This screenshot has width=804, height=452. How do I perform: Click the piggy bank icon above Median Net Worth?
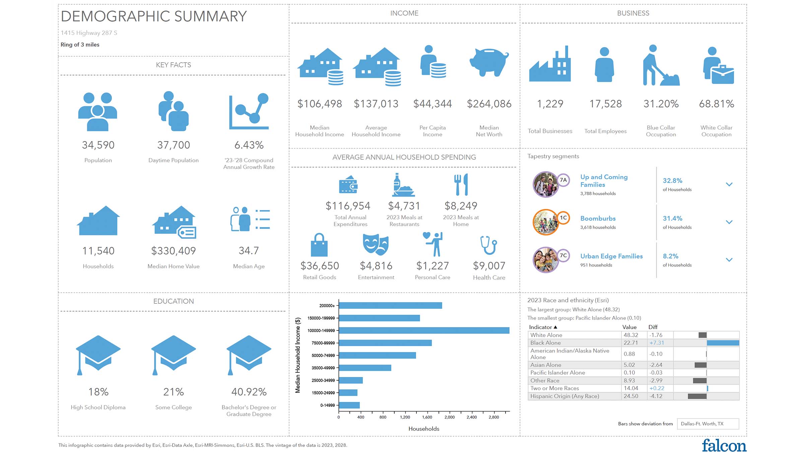click(x=489, y=62)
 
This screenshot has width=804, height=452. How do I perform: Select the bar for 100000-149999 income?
click(x=424, y=330)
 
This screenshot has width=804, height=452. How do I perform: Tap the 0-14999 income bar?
click(x=349, y=405)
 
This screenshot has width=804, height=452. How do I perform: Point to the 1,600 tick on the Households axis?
click(x=427, y=417)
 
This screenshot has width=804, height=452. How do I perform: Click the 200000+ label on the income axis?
click(x=327, y=306)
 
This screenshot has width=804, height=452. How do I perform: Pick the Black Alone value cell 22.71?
click(x=630, y=343)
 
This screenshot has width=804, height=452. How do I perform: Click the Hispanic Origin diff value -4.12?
click(x=656, y=396)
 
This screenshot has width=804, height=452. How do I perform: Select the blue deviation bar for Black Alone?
click(x=723, y=343)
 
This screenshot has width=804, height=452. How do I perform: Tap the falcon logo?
click(x=724, y=446)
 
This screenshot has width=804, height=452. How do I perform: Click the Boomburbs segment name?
click(x=598, y=218)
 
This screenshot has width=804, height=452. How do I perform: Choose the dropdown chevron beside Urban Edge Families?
click(x=729, y=260)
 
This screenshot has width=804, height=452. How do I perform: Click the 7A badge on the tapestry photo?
click(x=563, y=180)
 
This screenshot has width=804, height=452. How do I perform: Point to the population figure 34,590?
click(x=98, y=145)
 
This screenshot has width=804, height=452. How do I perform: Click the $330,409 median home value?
click(x=173, y=251)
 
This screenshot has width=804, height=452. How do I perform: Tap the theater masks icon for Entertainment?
click(x=376, y=244)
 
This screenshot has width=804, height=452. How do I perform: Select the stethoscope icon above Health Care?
click(x=489, y=245)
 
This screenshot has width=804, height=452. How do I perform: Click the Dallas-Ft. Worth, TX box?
click(x=708, y=424)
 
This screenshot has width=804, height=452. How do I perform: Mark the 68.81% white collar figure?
click(x=716, y=104)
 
